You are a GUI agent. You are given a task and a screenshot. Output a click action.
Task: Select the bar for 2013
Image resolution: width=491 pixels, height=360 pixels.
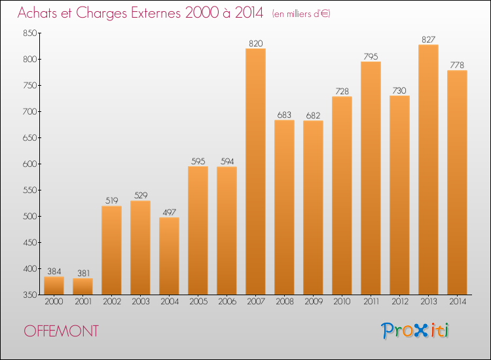click(428, 170)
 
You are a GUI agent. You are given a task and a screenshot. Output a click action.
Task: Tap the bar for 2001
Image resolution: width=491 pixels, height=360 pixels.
click(82, 286)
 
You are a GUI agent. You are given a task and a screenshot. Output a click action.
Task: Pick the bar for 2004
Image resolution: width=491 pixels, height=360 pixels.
click(169, 256)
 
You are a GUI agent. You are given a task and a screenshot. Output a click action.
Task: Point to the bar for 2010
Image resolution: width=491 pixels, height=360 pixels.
click(342, 196)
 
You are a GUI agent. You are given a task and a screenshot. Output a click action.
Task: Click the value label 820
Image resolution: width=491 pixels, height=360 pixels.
click(255, 43)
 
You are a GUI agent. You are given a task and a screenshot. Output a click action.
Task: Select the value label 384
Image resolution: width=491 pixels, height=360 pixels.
click(54, 272)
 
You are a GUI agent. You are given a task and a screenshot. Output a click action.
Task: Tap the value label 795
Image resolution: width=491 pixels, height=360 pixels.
click(371, 56)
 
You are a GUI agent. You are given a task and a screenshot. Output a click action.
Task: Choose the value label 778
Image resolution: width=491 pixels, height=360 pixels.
click(457, 65)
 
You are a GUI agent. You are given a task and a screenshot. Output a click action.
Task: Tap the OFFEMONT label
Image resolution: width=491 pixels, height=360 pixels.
click(62, 331)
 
